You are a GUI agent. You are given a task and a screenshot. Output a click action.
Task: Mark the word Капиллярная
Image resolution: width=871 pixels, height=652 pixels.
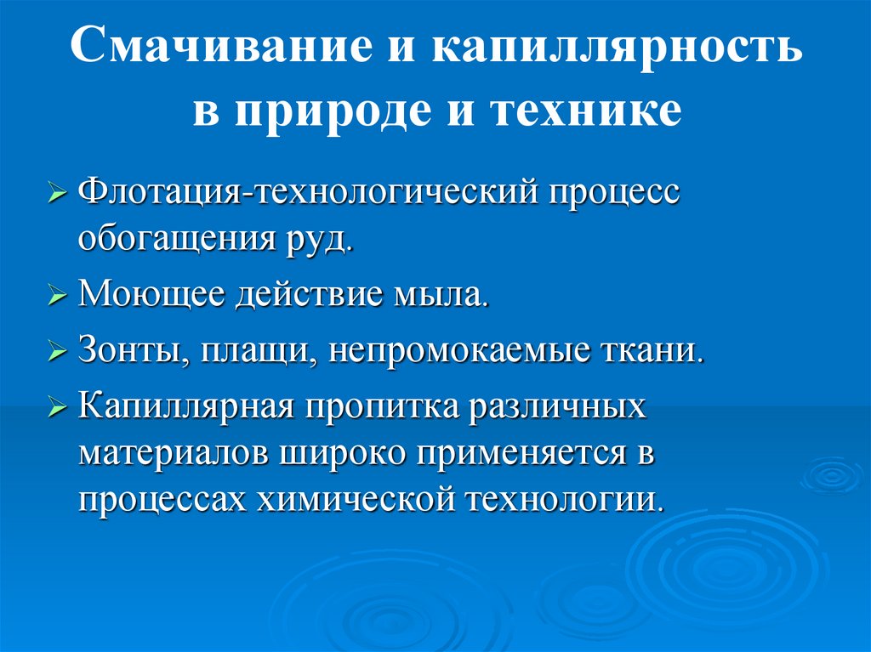pos(186,405)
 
